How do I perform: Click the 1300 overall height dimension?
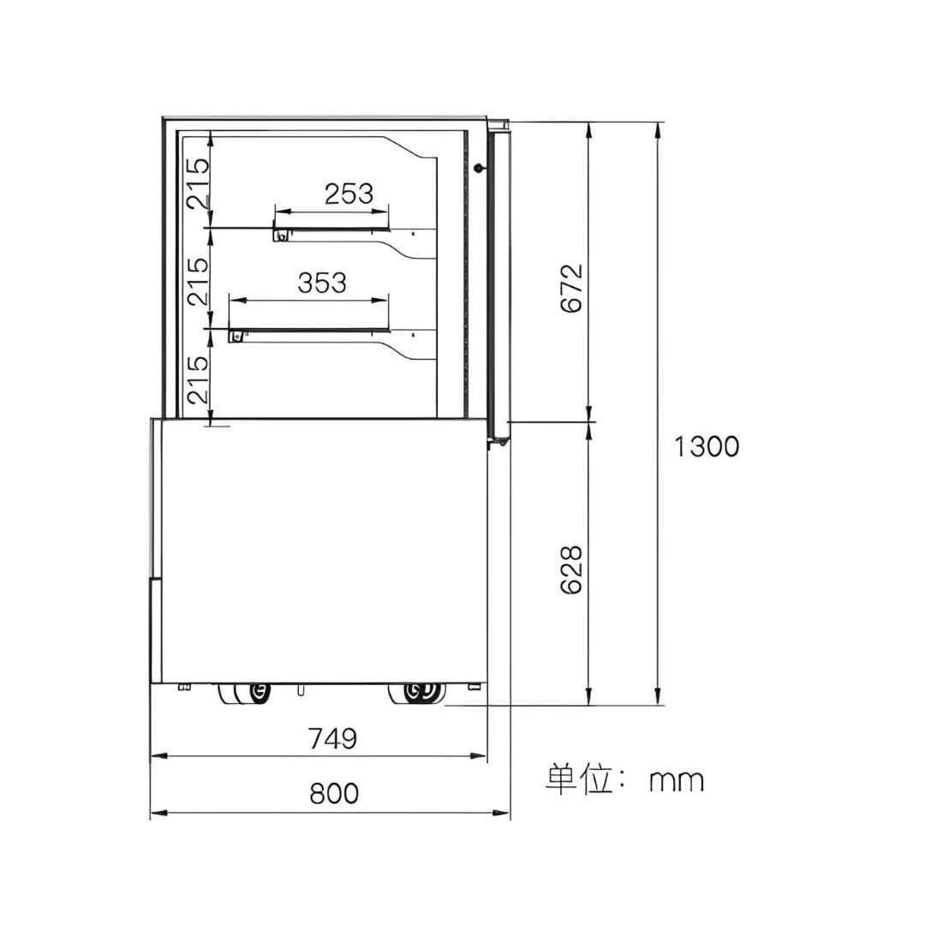tap(706, 446)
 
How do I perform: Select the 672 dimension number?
tap(571, 288)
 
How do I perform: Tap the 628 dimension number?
tap(571, 570)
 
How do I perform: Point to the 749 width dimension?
tap(332, 738)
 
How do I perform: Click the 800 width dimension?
tap(334, 793)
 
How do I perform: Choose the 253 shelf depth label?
tap(349, 194)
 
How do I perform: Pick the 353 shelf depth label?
tap(322, 283)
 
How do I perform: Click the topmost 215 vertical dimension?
tap(198, 183)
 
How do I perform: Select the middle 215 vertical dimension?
tap(198, 281)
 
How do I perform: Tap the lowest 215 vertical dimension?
tap(198, 379)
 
